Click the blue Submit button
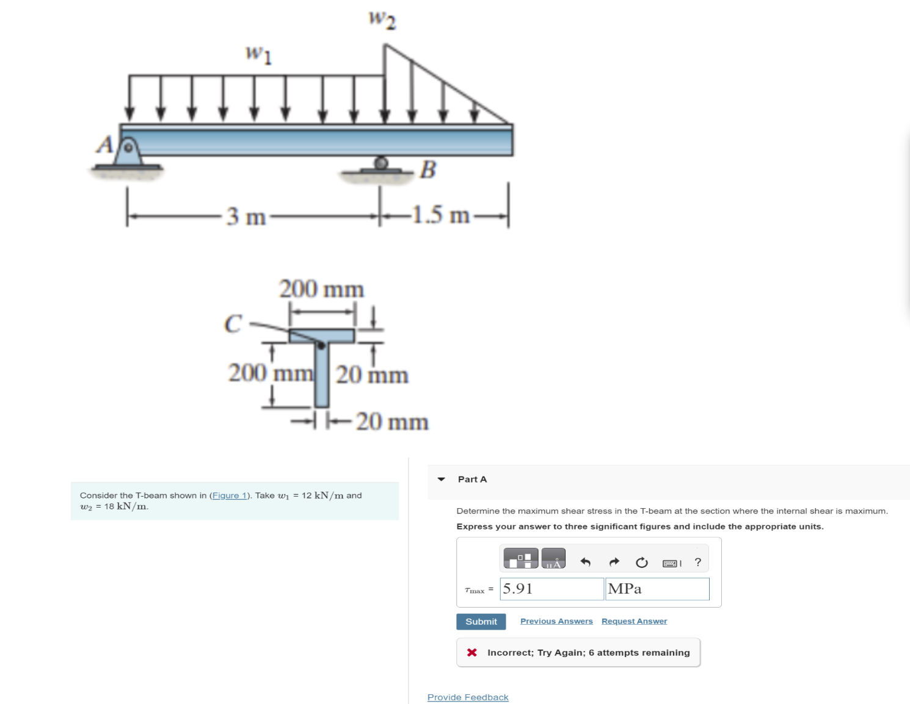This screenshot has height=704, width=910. pos(481,621)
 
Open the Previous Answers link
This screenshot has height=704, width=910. pos(556,621)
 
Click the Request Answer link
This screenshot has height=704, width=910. pos(634,621)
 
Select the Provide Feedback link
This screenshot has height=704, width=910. pos(467,697)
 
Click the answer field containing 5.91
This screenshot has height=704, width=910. pos(551,589)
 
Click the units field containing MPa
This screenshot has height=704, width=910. pos(657,589)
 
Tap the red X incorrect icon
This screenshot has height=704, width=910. pos(471,653)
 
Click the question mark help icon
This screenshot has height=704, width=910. pos(697,562)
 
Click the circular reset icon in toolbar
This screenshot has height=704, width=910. pos(641,562)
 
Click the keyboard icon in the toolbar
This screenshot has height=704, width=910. pos(671,562)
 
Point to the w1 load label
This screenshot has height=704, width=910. pos(258,54)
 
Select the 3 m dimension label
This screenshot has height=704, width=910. pos(246,216)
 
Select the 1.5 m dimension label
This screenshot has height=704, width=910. pos(441,215)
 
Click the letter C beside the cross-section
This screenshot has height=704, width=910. pos(233,323)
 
